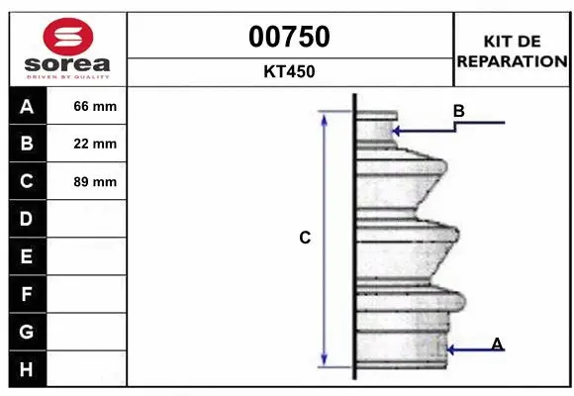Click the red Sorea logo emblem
(x=68, y=37)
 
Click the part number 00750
(x=289, y=37)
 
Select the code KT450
(x=289, y=71)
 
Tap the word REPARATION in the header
(x=512, y=61)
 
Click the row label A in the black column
(x=27, y=107)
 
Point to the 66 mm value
(x=95, y=106)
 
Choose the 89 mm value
(x=95, y=182)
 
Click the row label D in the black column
(x=27, y=219)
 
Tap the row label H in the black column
(x=27, y=369)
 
